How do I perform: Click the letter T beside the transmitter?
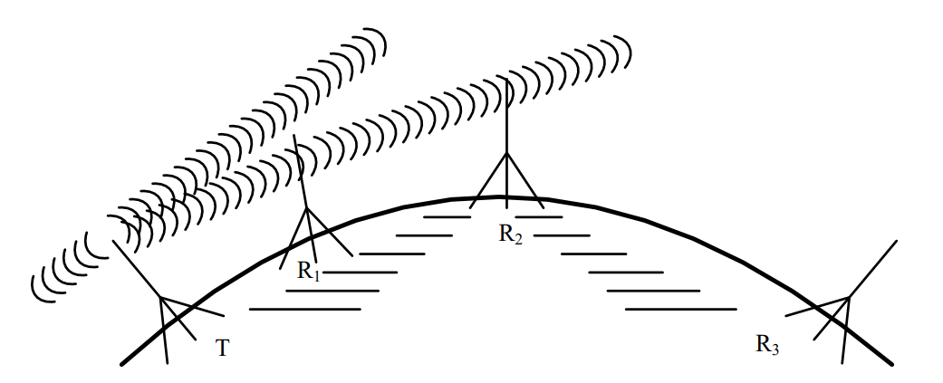(222, 347)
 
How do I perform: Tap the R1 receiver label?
(309, 272)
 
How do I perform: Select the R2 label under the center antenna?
(510, 234)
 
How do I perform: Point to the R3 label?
(766, 344)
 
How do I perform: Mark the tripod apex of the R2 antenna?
(506, 153)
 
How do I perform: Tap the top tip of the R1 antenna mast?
(296, 138)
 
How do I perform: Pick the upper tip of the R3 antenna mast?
(896, 242)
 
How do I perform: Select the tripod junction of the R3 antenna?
(848, 297)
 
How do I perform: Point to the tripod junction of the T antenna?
(161, 297)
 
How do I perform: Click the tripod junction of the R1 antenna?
(307, 209)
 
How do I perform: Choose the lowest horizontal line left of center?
(304, 309)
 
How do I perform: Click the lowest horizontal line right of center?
(679, 309)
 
